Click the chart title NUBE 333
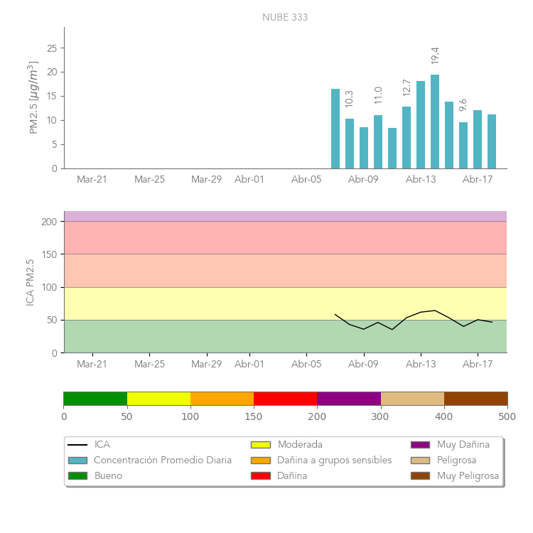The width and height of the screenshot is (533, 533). coord(285,17)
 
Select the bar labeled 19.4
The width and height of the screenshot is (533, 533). coord(435,122)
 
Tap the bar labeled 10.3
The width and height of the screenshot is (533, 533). coord(350,144)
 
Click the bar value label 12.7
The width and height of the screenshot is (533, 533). coord(407,87)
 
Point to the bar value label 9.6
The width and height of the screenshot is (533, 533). coord(463,104)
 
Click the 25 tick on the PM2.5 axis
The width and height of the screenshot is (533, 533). coord(52,48)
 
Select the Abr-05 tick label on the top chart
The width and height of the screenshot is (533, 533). coord(306,180)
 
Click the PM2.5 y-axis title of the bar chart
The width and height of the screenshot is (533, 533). coord(33,97)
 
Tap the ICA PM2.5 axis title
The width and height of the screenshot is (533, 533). coord(31,282)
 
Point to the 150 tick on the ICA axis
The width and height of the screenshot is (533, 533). coord(49,254)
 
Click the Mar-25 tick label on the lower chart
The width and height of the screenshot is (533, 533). coord(149,365)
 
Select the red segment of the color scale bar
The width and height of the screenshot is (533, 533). coord(285,398)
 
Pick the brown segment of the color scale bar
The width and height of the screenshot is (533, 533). coord(475,398)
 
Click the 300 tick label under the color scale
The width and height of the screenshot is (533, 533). coord(380,416)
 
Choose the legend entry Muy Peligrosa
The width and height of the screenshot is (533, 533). coord(468,476)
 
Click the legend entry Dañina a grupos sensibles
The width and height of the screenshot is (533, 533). coord(334,461)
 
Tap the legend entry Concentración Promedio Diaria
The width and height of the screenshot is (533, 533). coord(163,461)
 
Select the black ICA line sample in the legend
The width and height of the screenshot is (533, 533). coord(77,445)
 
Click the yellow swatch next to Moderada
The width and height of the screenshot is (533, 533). coord(261,445)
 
